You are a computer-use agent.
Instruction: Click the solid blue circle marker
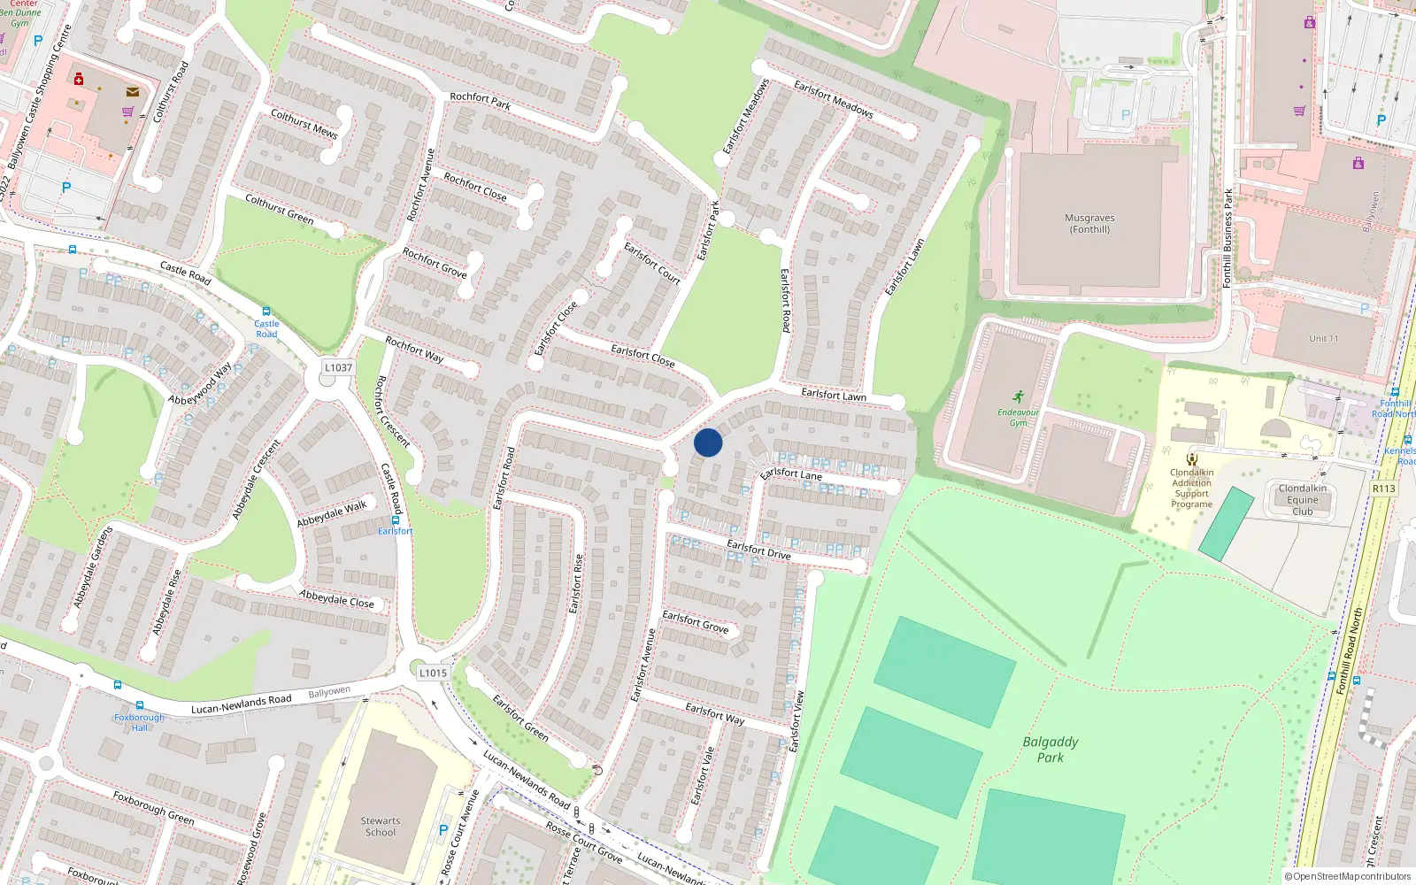tap(708, 442)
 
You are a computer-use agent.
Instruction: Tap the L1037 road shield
tap(338, 367)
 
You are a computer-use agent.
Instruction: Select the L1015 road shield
tap(433, 673)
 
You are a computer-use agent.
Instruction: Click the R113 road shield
tap(1383, 489)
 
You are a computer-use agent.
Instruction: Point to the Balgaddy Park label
tap(1050, 750)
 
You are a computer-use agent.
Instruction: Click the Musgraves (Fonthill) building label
tap(1089, 224)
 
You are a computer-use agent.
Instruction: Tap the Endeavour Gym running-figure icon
tap(1019, 396)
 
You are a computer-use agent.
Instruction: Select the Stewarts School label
tap(381, 827)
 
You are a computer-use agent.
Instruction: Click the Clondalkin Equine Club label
tap(1303, 500)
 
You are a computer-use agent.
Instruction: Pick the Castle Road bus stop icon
tap(266, 312)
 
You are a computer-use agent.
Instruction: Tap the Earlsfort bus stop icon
tap(395, 519)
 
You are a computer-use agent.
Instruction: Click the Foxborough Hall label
tap(139, 722)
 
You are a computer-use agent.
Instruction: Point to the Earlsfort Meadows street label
tap(833, 99)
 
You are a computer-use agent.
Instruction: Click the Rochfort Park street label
tap(480, 101)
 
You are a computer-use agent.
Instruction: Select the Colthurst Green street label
tap(280, 210)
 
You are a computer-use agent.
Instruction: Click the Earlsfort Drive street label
tap(758, 550)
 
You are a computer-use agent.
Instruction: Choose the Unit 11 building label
tap(1324, 339)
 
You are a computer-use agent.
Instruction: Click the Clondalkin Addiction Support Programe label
tap(1192, 488)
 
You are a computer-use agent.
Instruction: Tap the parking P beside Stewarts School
tap(443, 830)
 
